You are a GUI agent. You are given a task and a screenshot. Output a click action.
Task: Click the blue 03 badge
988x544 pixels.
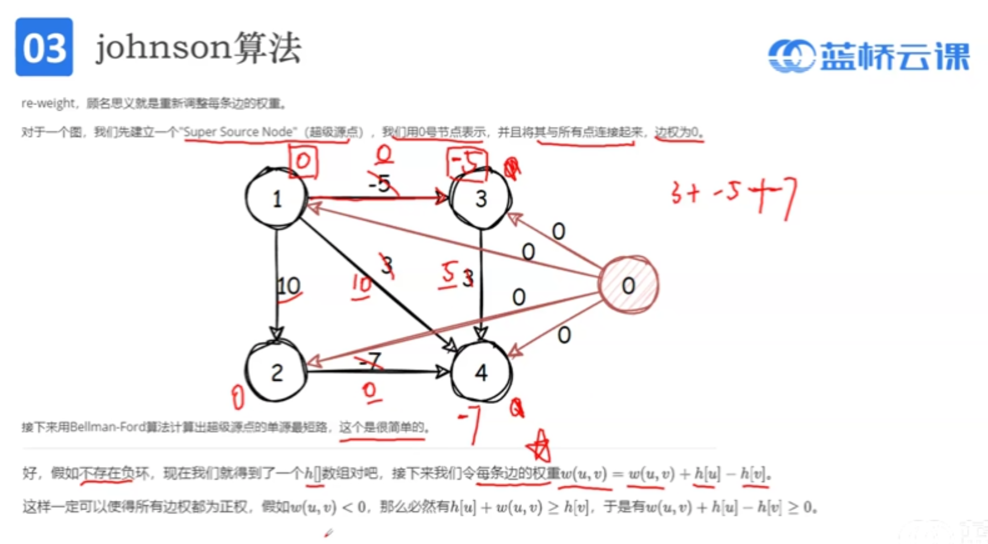44,47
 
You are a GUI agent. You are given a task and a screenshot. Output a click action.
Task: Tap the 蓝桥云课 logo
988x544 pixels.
869,56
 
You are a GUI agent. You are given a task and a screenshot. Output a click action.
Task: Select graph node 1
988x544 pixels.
276,199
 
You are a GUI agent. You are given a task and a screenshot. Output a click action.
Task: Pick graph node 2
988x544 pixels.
276,372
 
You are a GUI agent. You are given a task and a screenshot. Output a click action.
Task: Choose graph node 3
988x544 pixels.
481,199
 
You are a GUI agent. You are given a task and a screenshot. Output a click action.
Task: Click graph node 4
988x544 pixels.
481,372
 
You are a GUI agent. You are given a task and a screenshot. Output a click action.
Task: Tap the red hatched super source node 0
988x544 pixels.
629,286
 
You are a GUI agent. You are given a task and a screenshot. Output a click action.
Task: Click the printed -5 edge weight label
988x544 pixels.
380,183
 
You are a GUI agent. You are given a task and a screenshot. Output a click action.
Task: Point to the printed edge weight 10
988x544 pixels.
288,286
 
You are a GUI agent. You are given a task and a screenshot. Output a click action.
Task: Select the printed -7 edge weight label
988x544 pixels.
370,361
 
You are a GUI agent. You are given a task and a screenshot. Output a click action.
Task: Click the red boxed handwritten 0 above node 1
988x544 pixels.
304,161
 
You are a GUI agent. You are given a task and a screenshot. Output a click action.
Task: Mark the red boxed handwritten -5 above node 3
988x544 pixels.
467,162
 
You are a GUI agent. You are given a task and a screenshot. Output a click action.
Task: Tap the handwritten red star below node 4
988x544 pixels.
540,445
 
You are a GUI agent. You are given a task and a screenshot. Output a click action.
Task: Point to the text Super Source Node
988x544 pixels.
238,132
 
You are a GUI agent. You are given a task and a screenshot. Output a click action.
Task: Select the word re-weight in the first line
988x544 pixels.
47,103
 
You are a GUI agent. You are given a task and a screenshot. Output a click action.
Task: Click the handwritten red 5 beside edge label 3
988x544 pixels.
448,274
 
